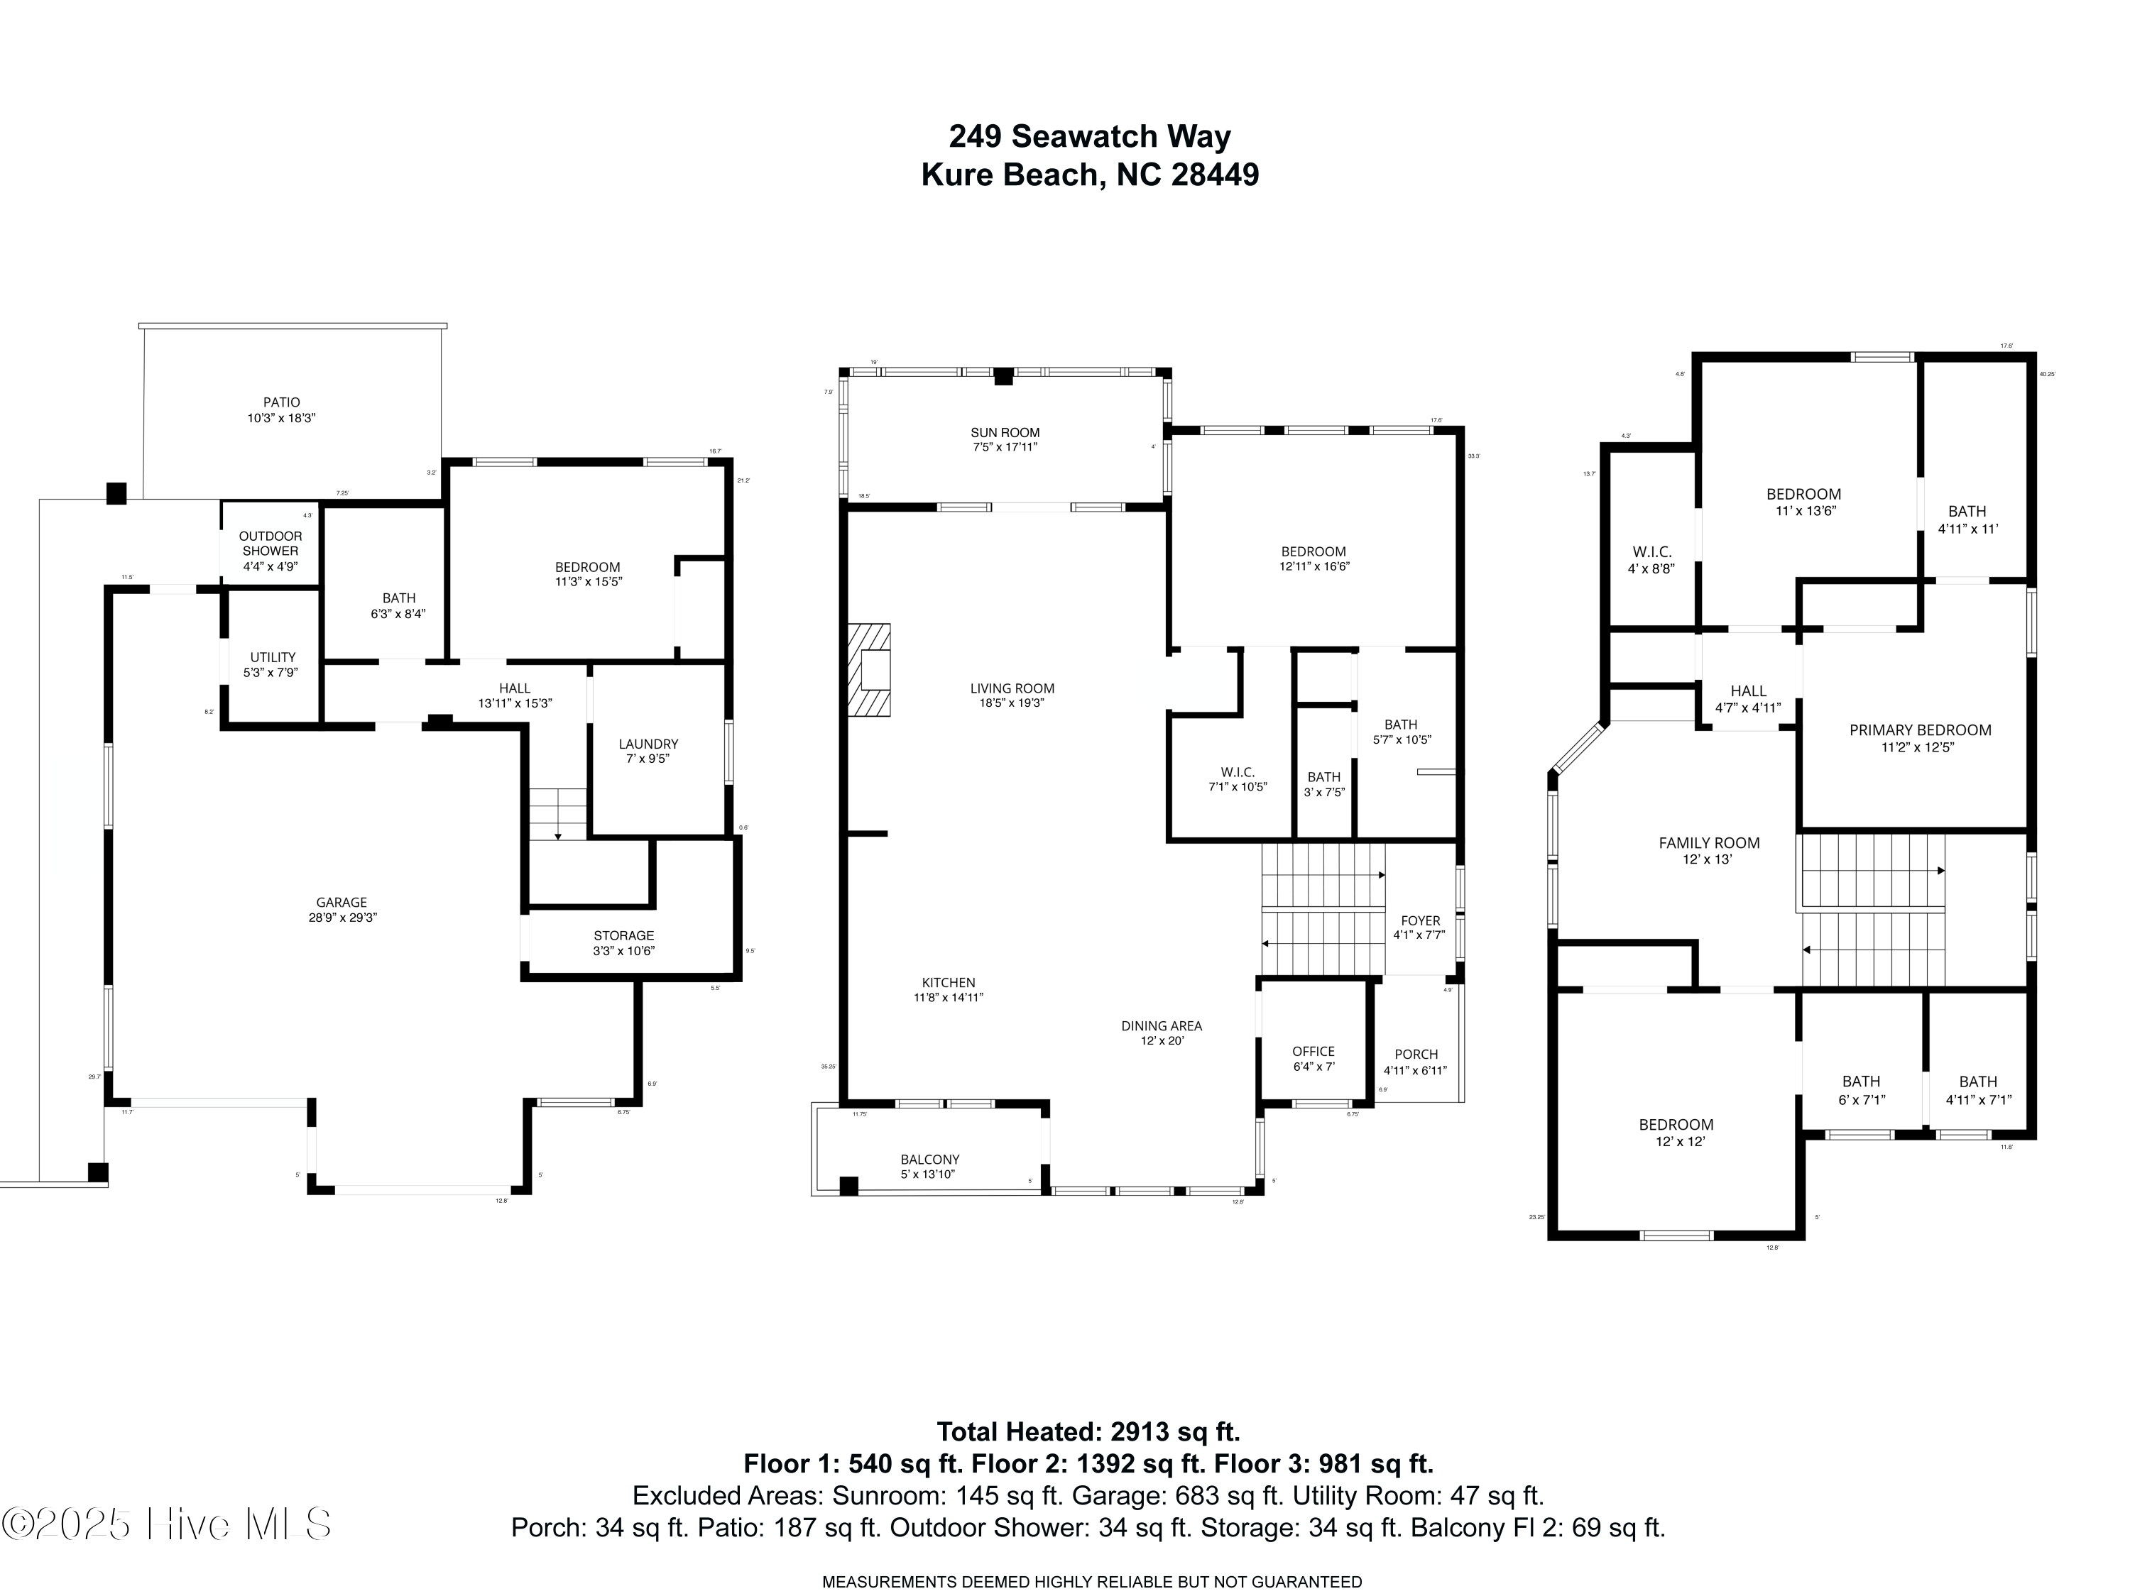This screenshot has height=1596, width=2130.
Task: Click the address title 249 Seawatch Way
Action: click(x=1089, y=137)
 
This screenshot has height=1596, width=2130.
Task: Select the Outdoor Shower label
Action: click(x=271, y=551)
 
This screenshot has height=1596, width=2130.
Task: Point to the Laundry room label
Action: click(x=648, y=751)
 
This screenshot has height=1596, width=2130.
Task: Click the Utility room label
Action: click(x=273, y=664)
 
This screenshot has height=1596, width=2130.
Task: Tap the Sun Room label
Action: click(x=1005, y=440)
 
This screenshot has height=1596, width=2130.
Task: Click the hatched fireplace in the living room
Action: click(x=868, y=670)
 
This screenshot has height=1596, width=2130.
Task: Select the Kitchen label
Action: click(x=949, y=989)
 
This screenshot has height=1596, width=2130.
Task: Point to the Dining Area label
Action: click(x=1162, y=1033)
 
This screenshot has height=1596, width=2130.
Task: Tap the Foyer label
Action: click(x=1420, y=927)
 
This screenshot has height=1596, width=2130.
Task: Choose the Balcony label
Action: click(x=929, y=1167)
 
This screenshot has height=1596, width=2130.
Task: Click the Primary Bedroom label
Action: click(x=1920, y=737)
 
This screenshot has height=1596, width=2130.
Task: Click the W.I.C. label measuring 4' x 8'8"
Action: click(x=1651, y=559)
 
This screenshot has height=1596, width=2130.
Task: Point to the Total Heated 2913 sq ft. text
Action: click(x=1088, y=1431)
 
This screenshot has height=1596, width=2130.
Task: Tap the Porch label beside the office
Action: click(x=1416, y=1062)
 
